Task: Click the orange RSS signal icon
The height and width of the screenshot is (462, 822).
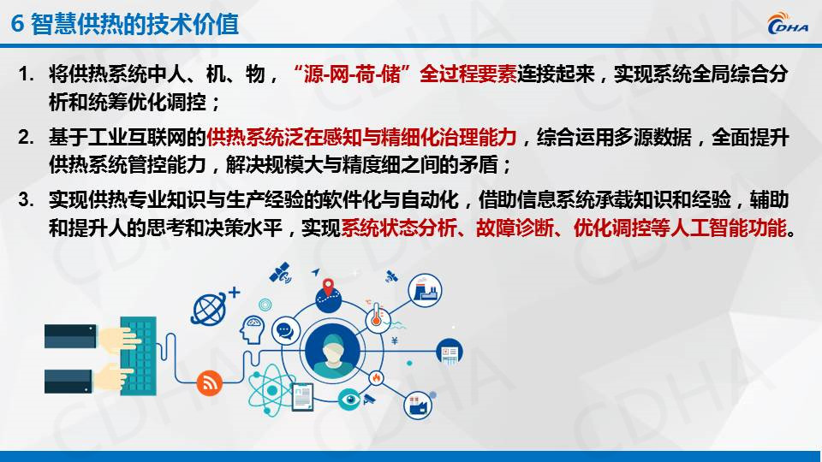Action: pos(209,383)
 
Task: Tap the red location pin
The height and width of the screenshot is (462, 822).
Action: pos(328,287)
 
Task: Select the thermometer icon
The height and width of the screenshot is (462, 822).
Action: pos(376,316)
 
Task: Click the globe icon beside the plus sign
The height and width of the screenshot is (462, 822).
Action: pos(209,309)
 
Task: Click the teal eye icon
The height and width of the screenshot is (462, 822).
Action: pos(349,400)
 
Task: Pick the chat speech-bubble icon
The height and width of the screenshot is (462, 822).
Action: pos(285,330)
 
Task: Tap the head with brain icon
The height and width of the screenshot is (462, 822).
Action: pos(252,329)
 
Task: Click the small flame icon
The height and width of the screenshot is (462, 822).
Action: pos(376,377)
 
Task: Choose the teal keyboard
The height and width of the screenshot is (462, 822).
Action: pos(139,355)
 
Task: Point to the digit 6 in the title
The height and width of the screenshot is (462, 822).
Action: pos(17,24)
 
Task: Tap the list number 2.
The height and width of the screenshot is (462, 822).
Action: pos(26,137)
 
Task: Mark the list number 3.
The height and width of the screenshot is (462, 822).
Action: pos(26,199)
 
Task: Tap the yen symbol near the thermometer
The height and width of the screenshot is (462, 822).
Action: pos(394,341)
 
